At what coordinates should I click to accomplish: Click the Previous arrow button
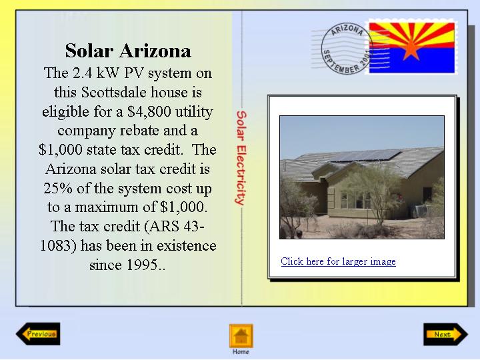click(38, 334)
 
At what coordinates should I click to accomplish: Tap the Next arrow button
click(446, 334)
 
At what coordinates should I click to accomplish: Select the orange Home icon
click(241, 336)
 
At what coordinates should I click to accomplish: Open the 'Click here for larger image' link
click(338, 261)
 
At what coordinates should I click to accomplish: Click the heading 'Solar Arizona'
click(128, 51)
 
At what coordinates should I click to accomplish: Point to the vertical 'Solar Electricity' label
click(241, 157)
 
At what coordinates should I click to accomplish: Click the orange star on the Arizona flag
click(411, 49)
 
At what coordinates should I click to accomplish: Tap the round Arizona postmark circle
click(347, 49)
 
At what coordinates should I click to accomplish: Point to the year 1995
click(142, 265)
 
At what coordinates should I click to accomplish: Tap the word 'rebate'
click(139, 131)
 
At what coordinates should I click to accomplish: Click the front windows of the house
click(355, 201)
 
